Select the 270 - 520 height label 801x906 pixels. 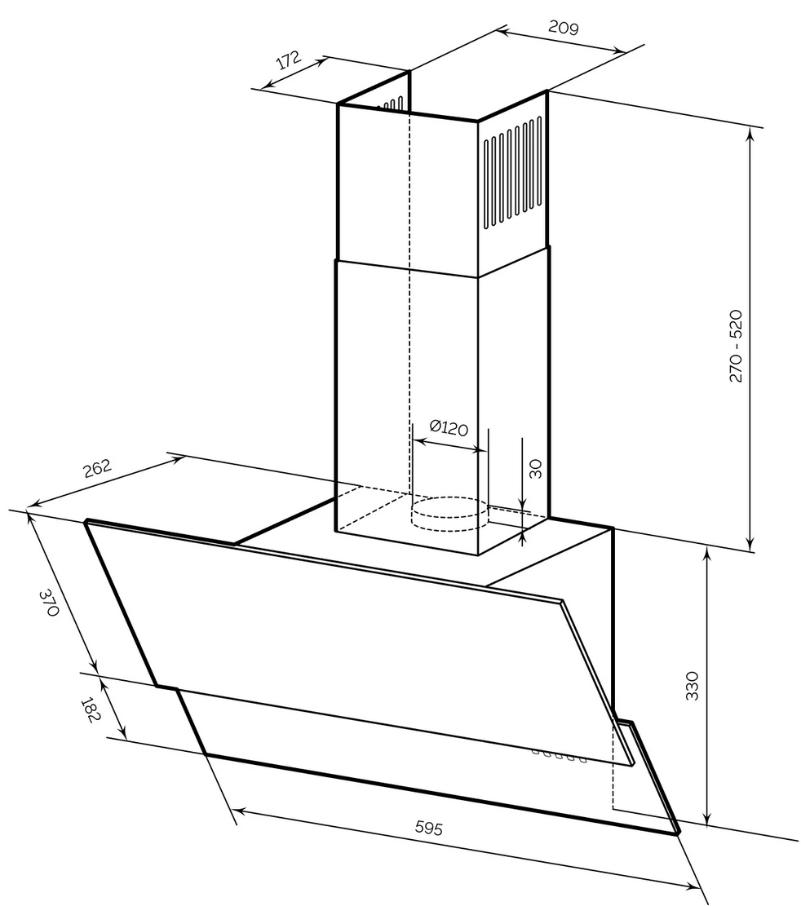[736, 346]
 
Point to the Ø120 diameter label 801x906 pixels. [448, 426]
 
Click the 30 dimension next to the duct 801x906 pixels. [536, 468]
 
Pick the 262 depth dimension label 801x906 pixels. [97, 471]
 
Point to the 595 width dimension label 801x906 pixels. [429, 829]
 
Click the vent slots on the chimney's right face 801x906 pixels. [512, 173]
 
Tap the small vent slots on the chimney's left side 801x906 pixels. [393, 104]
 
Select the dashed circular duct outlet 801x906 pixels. [449, 510]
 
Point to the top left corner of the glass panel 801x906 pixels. [86, 522]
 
